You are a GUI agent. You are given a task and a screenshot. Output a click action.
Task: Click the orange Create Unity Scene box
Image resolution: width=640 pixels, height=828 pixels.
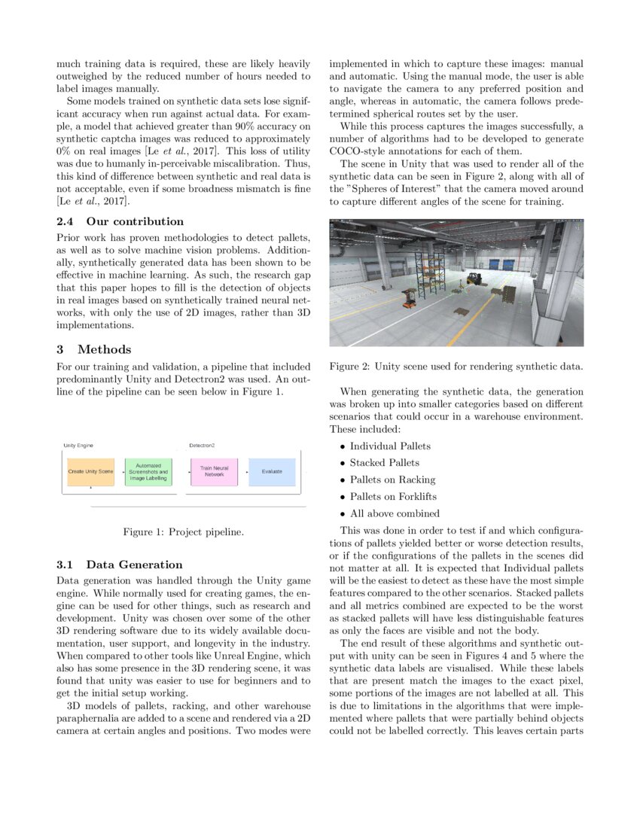tap(90, 471)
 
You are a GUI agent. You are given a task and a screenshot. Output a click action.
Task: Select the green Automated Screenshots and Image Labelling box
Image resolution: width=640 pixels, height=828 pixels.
tap(148, 472)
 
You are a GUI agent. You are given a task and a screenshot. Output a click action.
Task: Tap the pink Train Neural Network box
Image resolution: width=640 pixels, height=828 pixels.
tap(214, 472)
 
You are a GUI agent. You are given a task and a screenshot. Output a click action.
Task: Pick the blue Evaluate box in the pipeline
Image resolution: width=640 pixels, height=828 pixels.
tap(272, 472)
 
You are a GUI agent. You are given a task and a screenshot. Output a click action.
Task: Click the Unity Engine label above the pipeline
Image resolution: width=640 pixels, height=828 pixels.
tap(78, 446)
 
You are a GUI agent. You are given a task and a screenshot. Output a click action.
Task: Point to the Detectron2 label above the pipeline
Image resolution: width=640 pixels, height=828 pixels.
tap(202, 446)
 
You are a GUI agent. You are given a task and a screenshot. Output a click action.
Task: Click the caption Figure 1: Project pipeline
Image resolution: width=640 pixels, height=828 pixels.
tap(183, 532)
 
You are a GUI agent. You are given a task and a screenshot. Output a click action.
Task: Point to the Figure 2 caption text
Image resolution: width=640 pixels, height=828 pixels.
tap(456, 367)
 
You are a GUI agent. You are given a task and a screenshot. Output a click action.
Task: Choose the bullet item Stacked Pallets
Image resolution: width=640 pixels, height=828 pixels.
tap(384, 463)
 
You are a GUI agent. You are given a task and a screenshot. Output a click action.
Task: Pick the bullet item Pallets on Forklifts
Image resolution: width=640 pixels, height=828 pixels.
tap(393, 497)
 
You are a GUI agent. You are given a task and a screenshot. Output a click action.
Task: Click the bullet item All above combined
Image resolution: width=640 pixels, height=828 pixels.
tap(395, 513)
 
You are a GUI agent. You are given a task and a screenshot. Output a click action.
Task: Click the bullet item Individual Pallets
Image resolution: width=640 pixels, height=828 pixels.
tap(390, 446)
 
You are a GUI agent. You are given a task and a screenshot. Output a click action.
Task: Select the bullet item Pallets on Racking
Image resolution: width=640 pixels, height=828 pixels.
tap(392, 479)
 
